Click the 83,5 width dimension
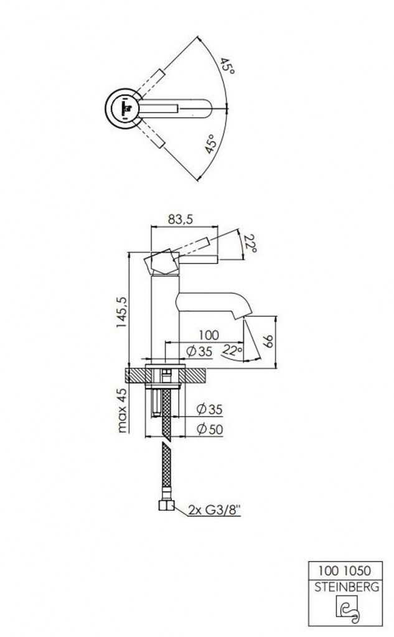coord(180,220)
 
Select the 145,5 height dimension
coord(121,312)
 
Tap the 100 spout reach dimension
coord(209,335)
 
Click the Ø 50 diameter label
coord(210,429)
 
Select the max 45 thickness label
coord(121,410)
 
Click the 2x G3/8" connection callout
coord(214,509)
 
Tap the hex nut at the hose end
coord(166,505)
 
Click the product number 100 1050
coord(344,570)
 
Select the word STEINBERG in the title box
coord(347,587)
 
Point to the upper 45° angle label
coord(227,66)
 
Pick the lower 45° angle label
coord(210,144)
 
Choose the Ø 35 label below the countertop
coord(209,409)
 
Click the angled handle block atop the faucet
coord(162,263)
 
